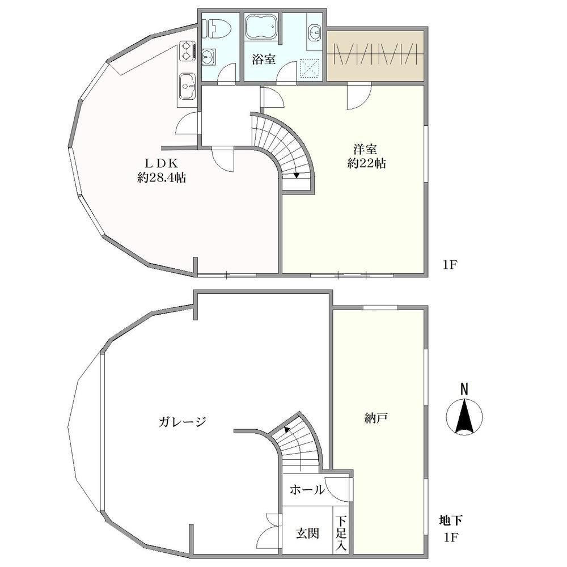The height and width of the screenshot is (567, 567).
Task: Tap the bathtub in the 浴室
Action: click(261, 28)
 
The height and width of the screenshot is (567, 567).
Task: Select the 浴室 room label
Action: click(264, 59)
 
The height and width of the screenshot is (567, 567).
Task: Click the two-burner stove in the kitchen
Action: click(187, 51)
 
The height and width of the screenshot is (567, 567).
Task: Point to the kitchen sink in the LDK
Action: click(187, 86)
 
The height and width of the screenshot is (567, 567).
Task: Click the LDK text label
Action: click(162, 163)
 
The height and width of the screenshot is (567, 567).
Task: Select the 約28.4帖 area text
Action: click(162, 177)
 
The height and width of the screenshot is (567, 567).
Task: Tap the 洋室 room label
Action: click(366, 149)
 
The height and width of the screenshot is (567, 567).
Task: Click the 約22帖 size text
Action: click(367, 163)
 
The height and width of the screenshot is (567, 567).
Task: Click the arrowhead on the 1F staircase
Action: click(297, 176)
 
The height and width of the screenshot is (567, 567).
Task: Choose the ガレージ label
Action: click(182, 421)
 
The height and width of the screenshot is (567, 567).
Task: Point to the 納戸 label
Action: click(376, 418)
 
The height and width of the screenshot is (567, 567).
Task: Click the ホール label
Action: click(307, 490)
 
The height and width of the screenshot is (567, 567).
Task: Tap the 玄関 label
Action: click(308, 534)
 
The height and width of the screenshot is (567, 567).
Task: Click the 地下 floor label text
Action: click(451, 521)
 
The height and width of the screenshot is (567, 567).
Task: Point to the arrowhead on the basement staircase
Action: click(286, 430)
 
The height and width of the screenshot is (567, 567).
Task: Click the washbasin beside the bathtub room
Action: click(315, 32)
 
